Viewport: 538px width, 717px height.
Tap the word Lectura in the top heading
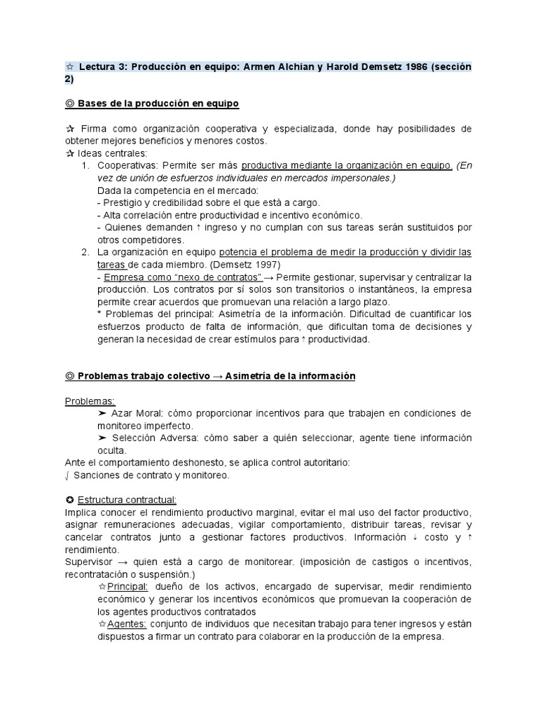(97, 67)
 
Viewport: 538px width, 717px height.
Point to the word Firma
(95, 129)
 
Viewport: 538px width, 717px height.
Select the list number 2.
(85, 252)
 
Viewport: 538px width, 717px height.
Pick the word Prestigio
(125, 203)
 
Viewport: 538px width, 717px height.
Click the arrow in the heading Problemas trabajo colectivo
(217, 377)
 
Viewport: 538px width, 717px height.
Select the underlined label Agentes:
(126, 624)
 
